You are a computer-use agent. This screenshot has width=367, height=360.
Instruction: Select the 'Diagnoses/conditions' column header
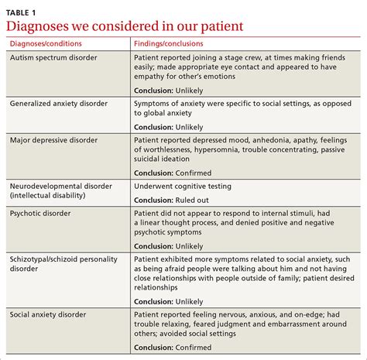[46, 44]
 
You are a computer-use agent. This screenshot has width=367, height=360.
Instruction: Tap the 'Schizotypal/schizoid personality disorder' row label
[67, 262]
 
